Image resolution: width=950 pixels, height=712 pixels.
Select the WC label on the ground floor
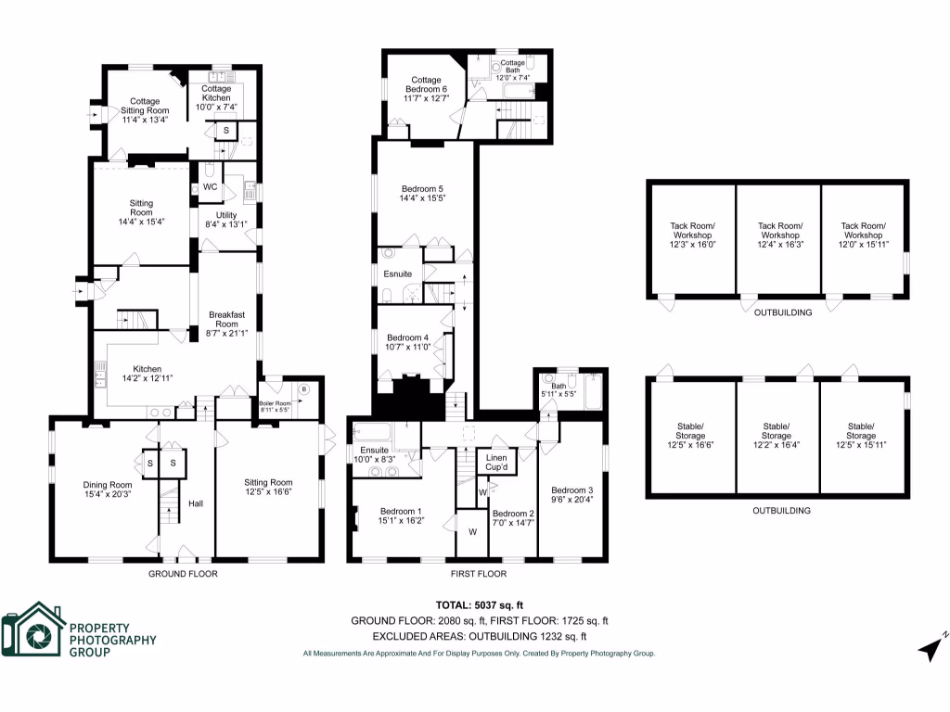coord(210,186)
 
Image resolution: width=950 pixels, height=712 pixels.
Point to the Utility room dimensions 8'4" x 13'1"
coord(225,223)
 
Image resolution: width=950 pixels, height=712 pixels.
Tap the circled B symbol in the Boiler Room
coord(305,388)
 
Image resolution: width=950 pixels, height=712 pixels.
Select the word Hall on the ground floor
coord(196,503)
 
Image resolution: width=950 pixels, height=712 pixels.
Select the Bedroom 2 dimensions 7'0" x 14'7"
coord(513,523)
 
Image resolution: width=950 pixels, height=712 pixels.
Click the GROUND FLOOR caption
coord(183,574)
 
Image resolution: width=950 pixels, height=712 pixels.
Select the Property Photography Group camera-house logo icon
coord(32,632)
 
